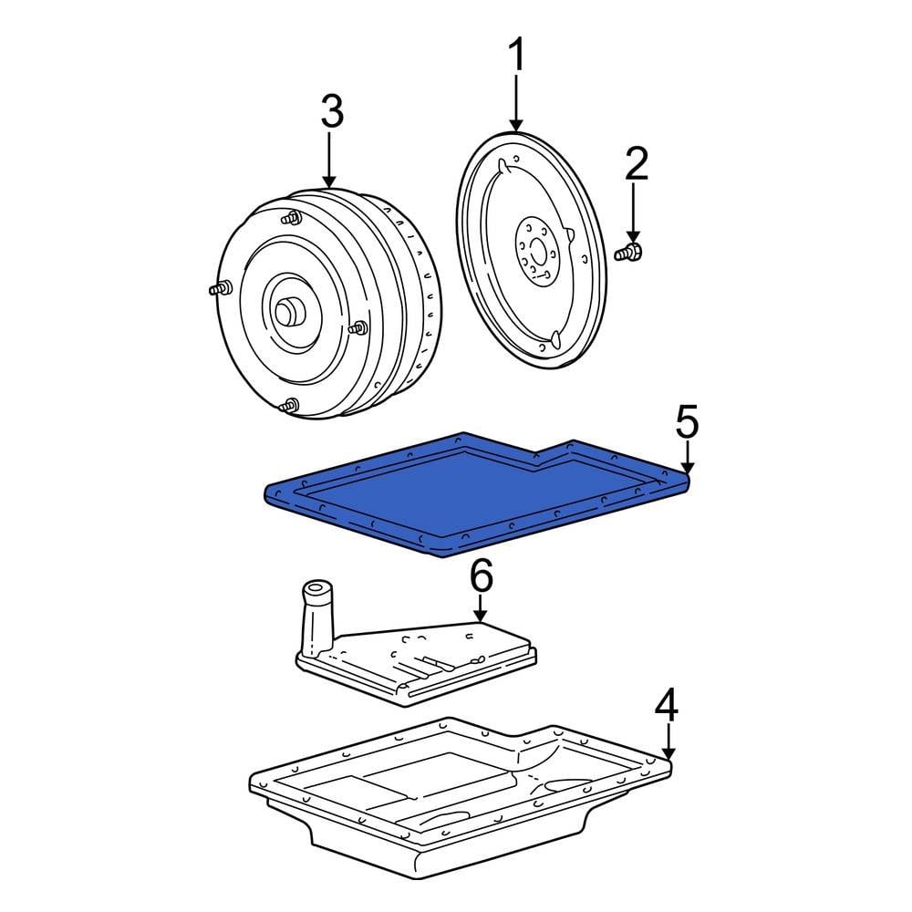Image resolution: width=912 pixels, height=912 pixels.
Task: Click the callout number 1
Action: coord(516,57)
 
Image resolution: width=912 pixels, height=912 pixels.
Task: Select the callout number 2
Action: coord(636,165)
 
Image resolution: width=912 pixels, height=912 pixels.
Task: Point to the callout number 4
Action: coord(668,705)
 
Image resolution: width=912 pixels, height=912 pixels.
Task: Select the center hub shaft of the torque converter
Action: coord(291,313)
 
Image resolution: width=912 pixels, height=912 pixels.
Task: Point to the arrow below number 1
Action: coord(516,105)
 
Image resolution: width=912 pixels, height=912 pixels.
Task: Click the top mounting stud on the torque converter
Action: coord(293,218)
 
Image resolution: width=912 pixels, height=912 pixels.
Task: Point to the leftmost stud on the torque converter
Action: coord(217,290)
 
